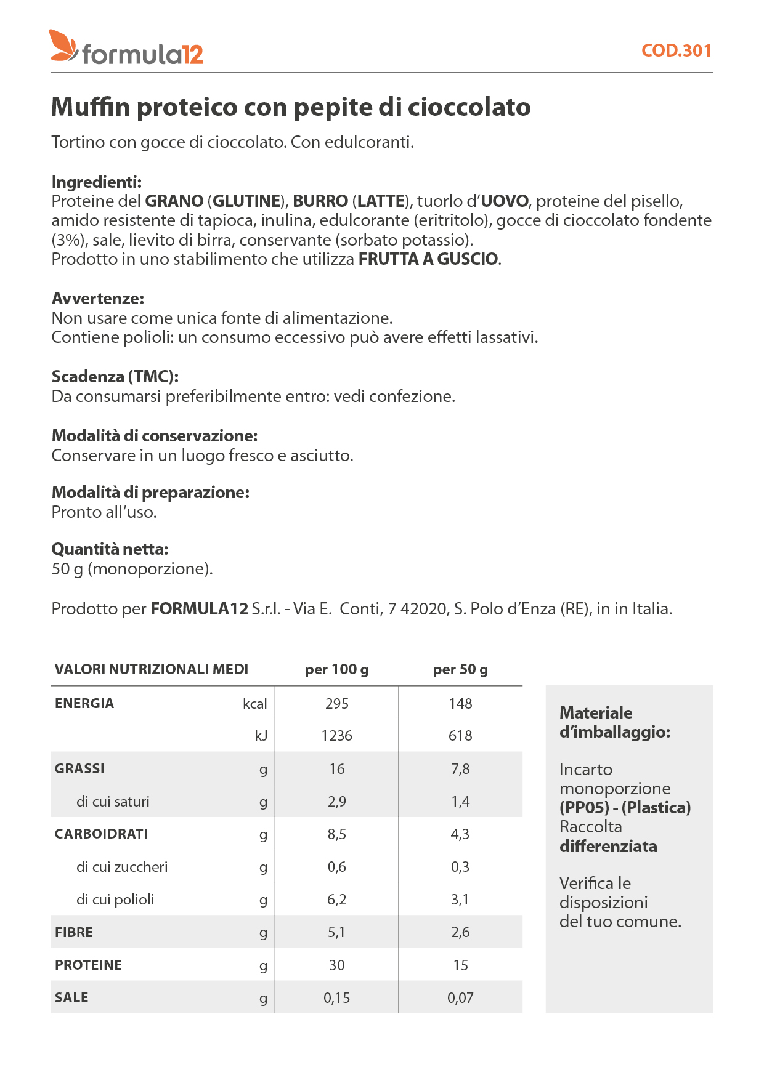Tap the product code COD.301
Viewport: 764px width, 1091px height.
coord(676,50)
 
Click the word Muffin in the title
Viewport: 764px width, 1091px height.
coord(91,107)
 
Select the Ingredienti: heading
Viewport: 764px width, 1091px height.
coord(97,182)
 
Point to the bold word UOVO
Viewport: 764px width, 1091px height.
coord(505,201)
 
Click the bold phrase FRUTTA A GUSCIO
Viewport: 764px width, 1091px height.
coord(428,259)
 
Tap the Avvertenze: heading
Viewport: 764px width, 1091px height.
coord(98,299)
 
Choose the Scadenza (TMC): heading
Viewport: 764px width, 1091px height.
coord(115,377)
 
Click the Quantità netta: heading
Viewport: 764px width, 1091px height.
coord(110,549)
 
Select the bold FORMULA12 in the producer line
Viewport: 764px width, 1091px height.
coord(199,609)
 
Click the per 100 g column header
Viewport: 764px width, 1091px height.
coord(337,669)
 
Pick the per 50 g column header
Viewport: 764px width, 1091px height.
coord(460,669)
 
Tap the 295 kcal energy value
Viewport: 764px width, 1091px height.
coord(337,704)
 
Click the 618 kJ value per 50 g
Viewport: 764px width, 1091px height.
coord(460,736)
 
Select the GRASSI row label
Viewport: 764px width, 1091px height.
coord(79,768)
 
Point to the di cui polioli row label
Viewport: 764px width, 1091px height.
coord(115,900)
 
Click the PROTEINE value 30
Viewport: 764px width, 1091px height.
coord(337,965)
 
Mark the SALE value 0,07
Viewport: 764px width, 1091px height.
coord(460,998)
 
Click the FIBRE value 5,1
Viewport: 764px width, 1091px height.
coord(337,932)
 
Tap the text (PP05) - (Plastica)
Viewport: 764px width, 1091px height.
coord(625,808)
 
